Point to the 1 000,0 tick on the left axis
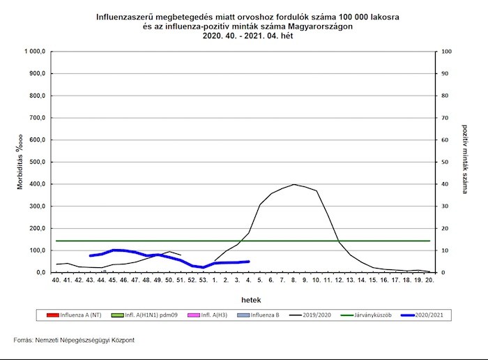[x=34, y=52]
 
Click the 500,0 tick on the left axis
[x=36, y=162]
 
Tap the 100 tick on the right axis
[x=448, y=52]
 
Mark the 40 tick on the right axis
[x=446, y=184]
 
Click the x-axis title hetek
[x=244, y=298]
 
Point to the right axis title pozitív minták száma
[x=465, y=163]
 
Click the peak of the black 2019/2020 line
[x=293, y=184]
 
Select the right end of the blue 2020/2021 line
[x=248, y=262]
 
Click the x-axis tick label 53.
[x=203, y=280]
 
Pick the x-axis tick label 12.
[x=339, y=280]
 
